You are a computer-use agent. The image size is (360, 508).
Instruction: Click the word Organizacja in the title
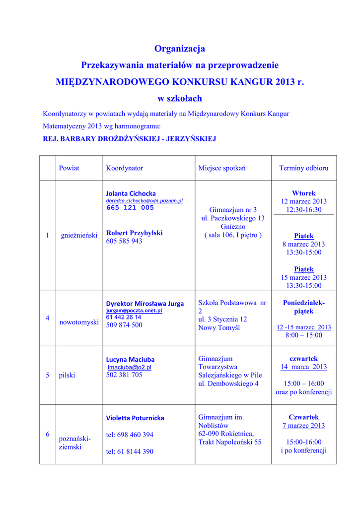point(179,49)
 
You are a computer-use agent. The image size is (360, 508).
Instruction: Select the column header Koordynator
point(124,168)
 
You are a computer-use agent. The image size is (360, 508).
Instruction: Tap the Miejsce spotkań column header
point(221,168)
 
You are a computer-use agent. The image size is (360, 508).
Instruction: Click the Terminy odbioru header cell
point(303,168)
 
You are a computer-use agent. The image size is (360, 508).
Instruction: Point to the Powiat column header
point(69,168)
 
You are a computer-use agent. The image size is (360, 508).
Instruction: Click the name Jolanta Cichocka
point(131,193)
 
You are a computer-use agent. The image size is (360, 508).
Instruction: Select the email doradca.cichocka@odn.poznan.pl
point(144,201)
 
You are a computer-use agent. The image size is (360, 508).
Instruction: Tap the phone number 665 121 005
point(130,208)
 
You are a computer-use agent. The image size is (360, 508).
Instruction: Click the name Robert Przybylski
point(134,233)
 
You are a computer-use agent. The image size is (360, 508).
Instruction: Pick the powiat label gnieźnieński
point(79,235)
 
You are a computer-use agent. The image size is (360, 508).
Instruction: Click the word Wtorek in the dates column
point(303,193)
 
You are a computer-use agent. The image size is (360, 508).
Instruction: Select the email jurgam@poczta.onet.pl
point(134,311)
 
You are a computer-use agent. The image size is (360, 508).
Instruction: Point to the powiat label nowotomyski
point(79,322)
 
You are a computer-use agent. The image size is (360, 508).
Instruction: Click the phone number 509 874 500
point(124,325)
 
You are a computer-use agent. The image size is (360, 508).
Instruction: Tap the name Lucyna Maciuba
point(130,359)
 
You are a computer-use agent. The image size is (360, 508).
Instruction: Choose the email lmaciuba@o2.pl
point(130,367)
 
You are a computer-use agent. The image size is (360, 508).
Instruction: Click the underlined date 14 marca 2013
point(303,367)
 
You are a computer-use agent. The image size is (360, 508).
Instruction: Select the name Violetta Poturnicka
point(135,418)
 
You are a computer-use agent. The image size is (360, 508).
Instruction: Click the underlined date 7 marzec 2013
point(303,425)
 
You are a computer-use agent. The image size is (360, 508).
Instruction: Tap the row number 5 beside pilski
point(48,375)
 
